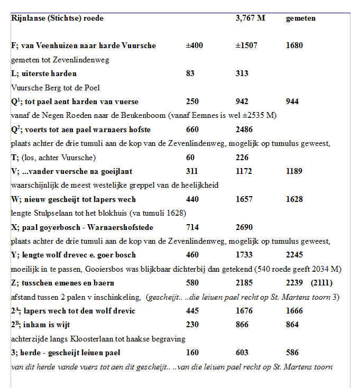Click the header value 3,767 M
[250, 19]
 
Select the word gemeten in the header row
[300, 19]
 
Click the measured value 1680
[294, 45]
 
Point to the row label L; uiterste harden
[43, 73]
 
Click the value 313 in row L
[243, 73]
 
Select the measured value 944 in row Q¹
[292, 101]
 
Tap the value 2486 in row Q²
[244, 129]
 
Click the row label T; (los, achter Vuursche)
[53, 157]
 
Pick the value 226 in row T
[242, 157]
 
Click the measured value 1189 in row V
[294, 171]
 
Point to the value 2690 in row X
[244, 227]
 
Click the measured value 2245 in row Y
[294, 255]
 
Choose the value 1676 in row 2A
[244, 311]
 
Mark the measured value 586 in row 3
[292, 353]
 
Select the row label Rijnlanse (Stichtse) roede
[57, 19]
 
